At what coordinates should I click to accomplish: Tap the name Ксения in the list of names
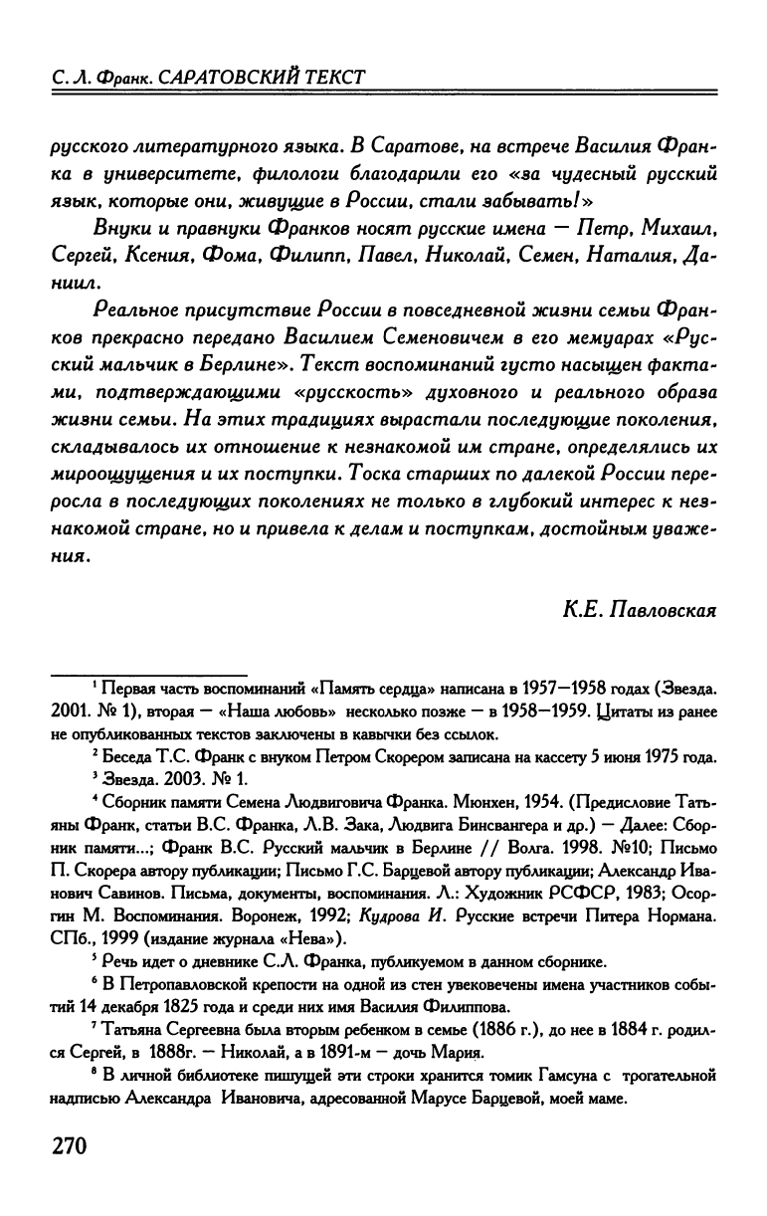(158, 256)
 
